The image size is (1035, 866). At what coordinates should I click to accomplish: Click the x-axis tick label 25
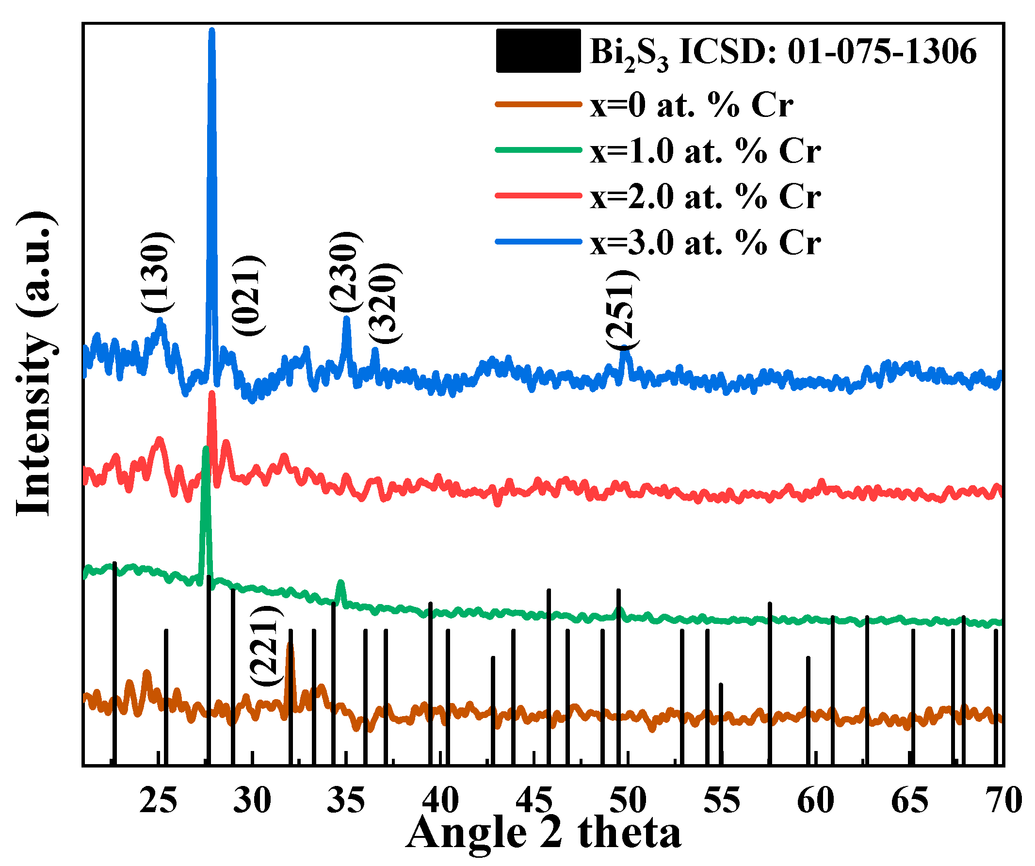[158, 801]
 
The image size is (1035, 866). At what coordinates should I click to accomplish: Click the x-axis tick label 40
[440, 801]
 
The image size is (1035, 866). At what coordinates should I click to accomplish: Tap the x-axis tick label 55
[722, 801]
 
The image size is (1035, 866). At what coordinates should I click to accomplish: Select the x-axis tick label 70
[1003, 801]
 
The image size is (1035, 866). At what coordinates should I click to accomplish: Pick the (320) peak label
[385, 304]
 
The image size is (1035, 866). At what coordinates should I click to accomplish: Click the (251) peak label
[622, 310]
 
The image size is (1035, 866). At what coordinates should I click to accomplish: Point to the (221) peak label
[267, 646]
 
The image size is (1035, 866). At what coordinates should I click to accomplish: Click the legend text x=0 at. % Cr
[691, 105]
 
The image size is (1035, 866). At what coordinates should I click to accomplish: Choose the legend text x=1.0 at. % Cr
[705, 151]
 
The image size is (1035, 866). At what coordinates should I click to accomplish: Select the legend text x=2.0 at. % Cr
[705, 196]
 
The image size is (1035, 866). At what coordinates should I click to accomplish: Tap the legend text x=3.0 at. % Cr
[705, 243]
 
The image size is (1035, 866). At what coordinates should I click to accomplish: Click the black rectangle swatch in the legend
[538, 51]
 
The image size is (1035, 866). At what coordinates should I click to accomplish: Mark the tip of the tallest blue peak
[212, 31]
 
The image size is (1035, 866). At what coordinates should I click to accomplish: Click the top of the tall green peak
[206, 449]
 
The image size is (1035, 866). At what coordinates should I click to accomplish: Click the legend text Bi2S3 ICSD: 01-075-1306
[783, 52]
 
